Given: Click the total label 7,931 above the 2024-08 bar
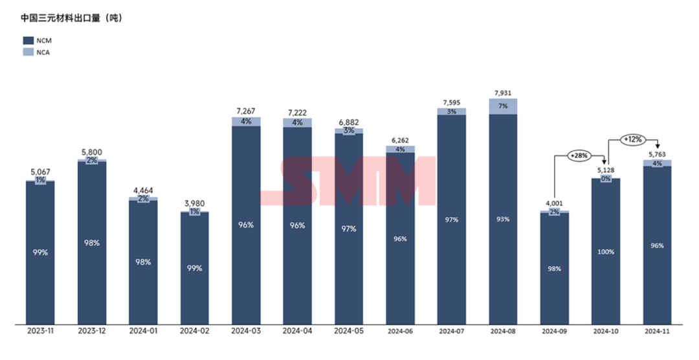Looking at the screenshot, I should [x=503, y=93].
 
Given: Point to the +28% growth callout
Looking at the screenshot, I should [x=578, y=155].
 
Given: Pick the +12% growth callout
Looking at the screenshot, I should [x=632, y=139].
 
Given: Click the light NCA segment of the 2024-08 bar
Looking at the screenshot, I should [x=503, y=106].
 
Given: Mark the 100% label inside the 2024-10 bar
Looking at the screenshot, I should [x=606, y=252].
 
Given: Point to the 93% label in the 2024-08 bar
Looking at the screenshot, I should [x=503, y=219].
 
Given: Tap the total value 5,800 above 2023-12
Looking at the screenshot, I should [x=92, y=152].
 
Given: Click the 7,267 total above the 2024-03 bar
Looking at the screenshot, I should [x=246, y=111].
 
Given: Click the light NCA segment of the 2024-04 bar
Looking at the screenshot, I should [x=297, y=122].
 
